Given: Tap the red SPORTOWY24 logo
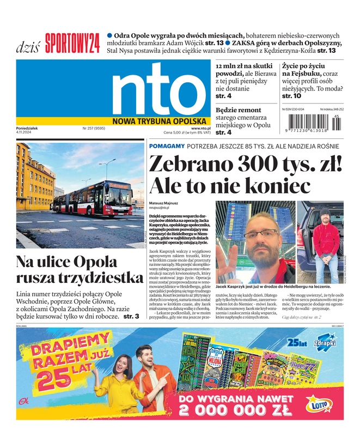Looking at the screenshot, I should tap(72, 43).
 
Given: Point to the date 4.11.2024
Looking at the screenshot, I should tap(26, 133).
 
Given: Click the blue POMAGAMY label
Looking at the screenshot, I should tap(166, 146).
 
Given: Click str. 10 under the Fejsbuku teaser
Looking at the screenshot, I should tap(291, 96).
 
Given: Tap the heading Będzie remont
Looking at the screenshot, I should tap(239, 110).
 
